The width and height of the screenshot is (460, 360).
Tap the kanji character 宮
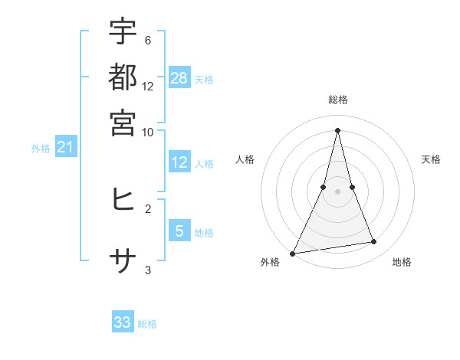tap(123, 123)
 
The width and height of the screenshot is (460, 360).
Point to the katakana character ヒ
tap(123, 200)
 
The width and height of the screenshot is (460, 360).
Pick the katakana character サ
tap(123, 262)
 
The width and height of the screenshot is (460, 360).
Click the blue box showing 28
tap(179, 77)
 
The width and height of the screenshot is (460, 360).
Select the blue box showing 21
tap(65, 146)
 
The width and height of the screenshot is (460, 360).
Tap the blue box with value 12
tap(179, 162)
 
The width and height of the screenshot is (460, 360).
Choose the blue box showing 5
tap(179, 231)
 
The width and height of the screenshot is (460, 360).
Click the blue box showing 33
tap(123, 322)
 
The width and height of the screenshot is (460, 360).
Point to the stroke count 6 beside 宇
tap(147, 40)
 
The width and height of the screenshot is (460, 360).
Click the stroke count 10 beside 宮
tap(147, 132)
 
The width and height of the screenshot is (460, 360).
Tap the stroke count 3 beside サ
tap(147, 270)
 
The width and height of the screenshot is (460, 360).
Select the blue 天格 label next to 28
tap(204, 79)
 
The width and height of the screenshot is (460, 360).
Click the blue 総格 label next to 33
tap(147, 324)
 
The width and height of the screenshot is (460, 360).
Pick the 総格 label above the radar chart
tap(337, 100)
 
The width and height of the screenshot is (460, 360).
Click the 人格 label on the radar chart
tap(245, 159)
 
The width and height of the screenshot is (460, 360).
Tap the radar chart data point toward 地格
tap(374, 242)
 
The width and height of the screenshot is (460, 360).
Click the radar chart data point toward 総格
tap(337, 129)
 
